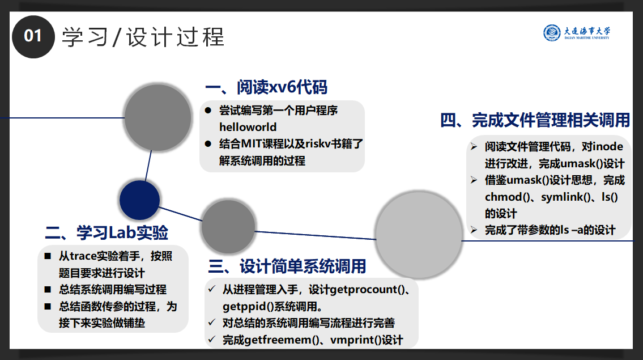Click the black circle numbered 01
[x=33, y=36]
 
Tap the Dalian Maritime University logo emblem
[x=551, y=33]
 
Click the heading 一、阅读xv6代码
[x=266, y=88]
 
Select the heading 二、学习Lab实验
[x=107, y=232]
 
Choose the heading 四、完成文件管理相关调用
[x=535, y=120]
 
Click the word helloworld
[x=248, y=127]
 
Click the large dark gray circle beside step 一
[x=157, y=117]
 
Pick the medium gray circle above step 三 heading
[x=224, y=226]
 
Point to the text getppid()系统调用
[x=272, y=307]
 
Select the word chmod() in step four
[x=508, y=197]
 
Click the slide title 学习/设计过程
[x=143, y=37]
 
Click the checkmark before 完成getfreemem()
[x=212, y=340]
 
